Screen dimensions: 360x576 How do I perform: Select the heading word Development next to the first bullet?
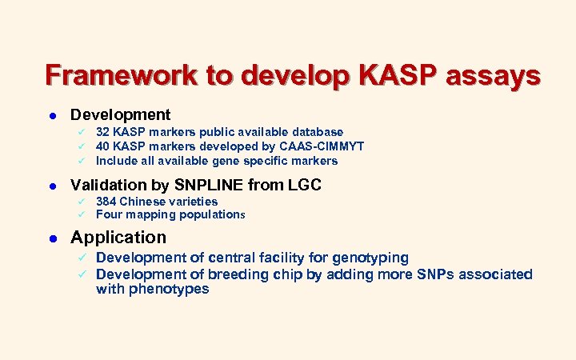tap(120, 114)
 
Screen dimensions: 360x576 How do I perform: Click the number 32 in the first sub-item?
tap(102, 132)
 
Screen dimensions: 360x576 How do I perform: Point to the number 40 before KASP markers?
tap(102, 146)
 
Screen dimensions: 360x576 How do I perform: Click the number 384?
tap(106, 202)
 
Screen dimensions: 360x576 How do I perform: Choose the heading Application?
tap(118, 238)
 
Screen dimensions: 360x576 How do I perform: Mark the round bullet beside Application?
tap(50, 238)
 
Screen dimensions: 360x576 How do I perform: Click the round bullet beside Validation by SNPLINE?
tap(50, 186)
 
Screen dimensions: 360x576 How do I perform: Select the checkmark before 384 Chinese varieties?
tap(80, 202)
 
